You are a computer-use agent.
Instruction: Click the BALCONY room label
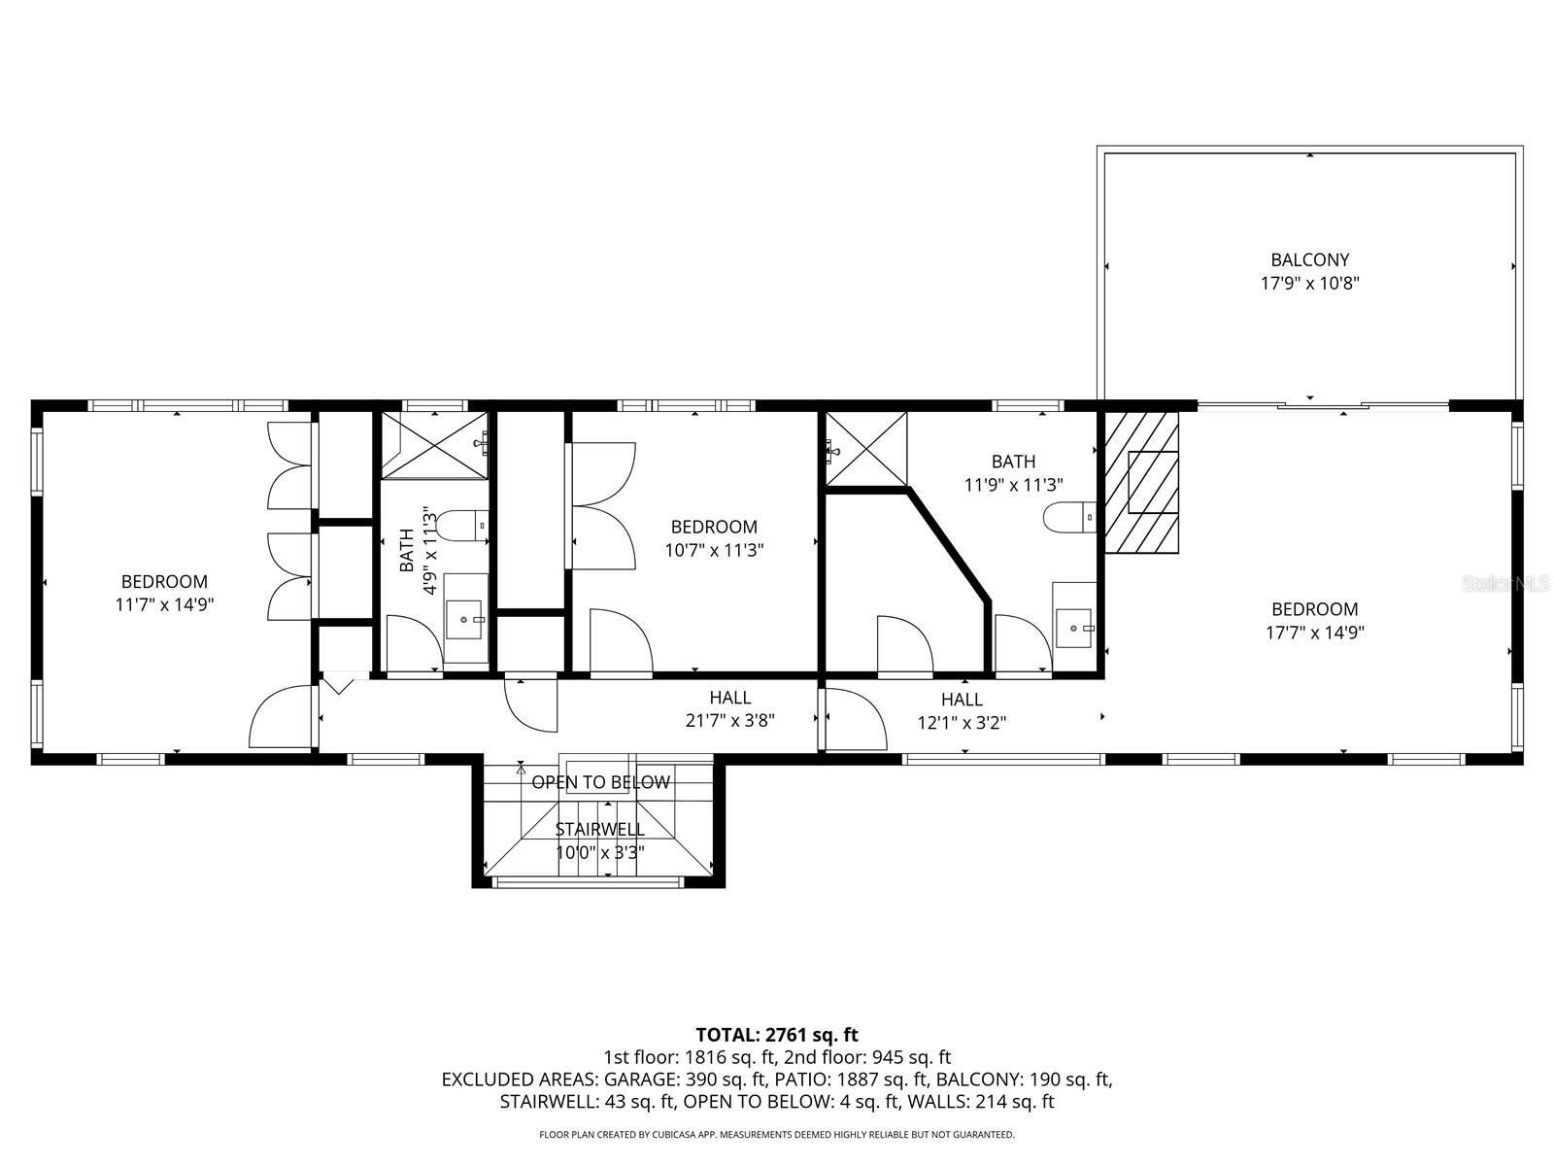[x=1310, y=259]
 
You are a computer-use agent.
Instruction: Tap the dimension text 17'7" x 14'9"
[x=1315, y=633]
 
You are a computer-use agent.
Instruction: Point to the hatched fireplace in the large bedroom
[x=1141, y=482]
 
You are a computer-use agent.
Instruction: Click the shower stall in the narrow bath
[x=433, y=445]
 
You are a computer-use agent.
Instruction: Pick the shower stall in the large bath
[x=865, y=448]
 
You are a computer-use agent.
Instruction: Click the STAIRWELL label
[x=599, y=829]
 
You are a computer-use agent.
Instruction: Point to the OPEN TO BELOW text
[x=600, y=782]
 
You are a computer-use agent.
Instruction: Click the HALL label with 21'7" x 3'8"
[x=729, y=698]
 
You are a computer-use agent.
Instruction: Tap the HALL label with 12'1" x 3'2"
[x=962, y=700]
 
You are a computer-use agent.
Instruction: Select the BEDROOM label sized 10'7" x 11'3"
[x=714, y=527]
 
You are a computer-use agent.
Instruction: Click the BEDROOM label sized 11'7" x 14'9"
[x=164, y=582]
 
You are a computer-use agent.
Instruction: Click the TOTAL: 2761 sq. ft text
[x=777, y=1035]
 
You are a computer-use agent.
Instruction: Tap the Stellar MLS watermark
[x=1506, y=584]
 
